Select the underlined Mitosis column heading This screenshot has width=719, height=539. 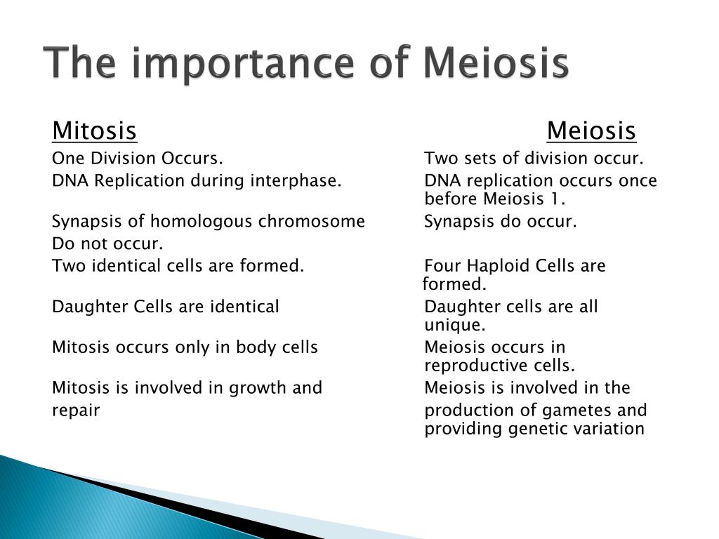tap(95, 131)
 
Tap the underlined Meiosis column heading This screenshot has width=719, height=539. tap(591, 131)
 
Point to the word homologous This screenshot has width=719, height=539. tap(202, 222)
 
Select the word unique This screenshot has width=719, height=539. tap(454, 326)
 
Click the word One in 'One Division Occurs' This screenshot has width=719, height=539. tap(68, 159)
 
